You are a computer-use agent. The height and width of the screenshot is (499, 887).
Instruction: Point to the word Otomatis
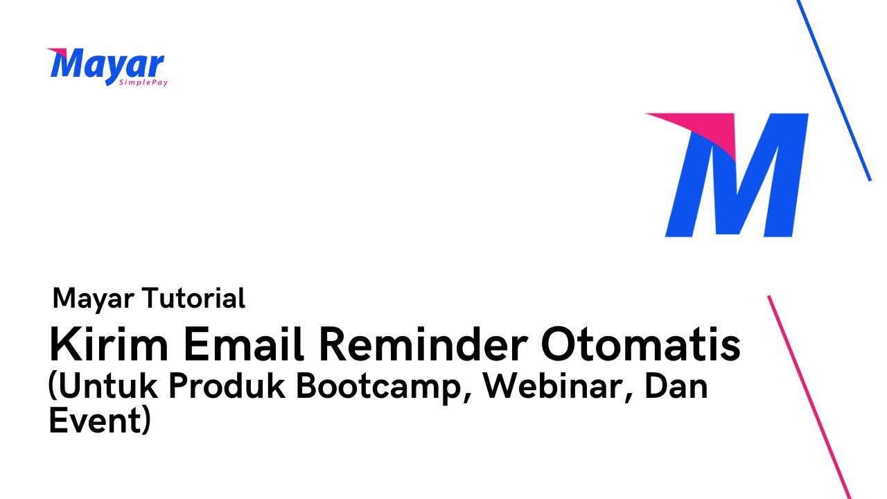point(641,345)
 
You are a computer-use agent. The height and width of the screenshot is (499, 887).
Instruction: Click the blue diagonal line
point(835,90)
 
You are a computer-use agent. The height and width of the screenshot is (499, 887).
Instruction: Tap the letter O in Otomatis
point(559,345)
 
